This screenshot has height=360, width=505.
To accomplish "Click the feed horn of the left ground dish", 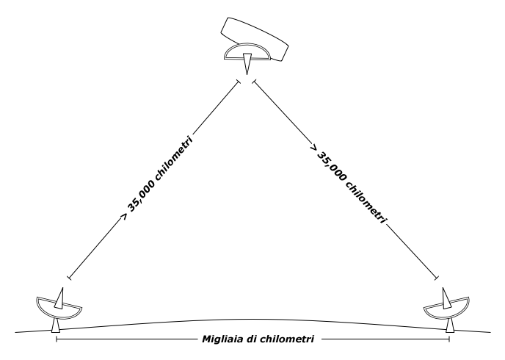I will (x=62, y=295).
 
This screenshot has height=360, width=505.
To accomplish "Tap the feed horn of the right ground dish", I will (x=446, y=296).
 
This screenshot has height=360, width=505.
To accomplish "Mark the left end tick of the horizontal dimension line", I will (x=57, y=340).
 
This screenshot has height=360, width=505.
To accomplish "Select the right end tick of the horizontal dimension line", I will (x=449, y=340).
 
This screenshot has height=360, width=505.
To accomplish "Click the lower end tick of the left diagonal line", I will (x=69, y=277).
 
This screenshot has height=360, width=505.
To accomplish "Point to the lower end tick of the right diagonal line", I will (x=437, y=278).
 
